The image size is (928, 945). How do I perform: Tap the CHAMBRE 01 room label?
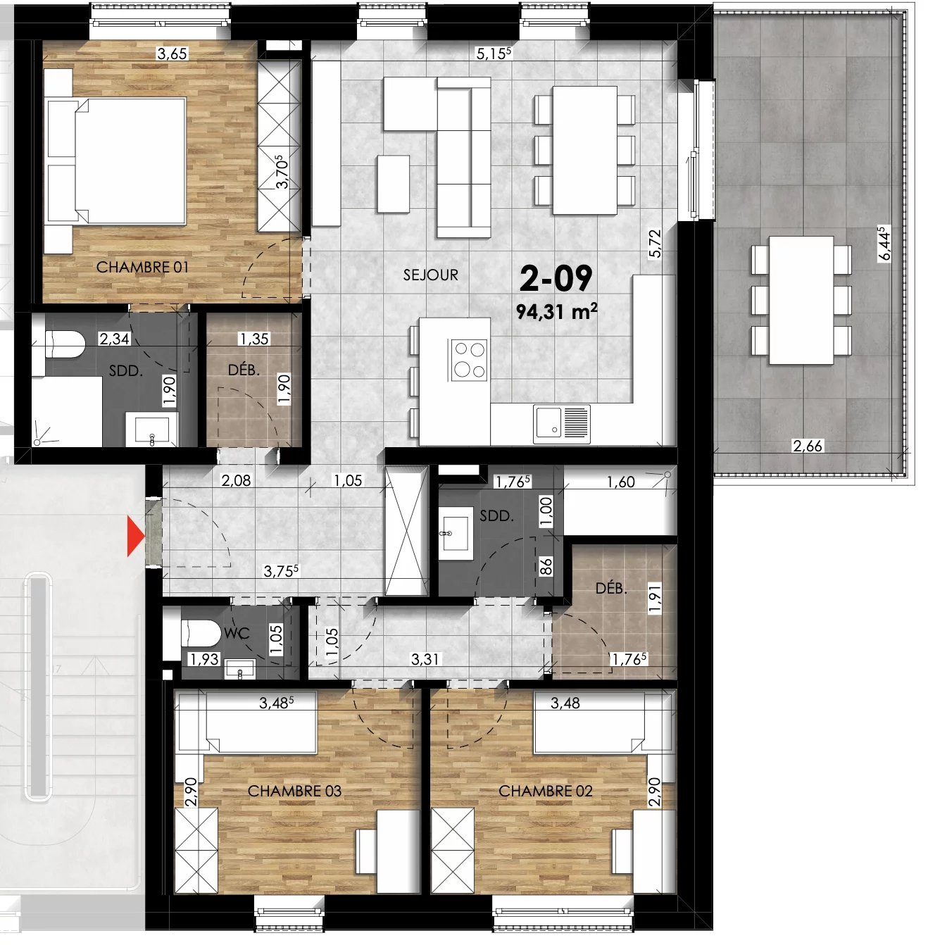coord(142,268)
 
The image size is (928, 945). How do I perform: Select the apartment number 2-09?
coord(556,279)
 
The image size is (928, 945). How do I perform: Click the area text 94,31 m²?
coord(556,311)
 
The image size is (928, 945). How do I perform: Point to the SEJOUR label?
coord(430,275)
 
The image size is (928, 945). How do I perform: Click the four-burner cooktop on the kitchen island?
coord(468,359)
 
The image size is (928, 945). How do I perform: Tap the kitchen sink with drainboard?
coord(561,423)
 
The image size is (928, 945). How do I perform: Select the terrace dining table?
coord(801,300)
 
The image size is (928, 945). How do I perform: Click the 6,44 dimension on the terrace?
coord(884,243)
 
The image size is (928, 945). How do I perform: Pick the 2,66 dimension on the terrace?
coord(807,446)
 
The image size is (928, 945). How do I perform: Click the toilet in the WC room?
coord(201,633)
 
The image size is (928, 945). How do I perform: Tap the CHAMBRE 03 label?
coord(294,791)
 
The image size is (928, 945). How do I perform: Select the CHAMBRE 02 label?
coord(545,791)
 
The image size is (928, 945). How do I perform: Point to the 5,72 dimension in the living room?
coord(655,244)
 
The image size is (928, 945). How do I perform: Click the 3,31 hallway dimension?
coord(425,659)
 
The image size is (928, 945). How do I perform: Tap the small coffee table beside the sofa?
coord(393,184)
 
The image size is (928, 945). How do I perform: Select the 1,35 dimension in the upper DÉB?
coord(253,339)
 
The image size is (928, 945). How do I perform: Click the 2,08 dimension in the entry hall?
coord(236,481)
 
